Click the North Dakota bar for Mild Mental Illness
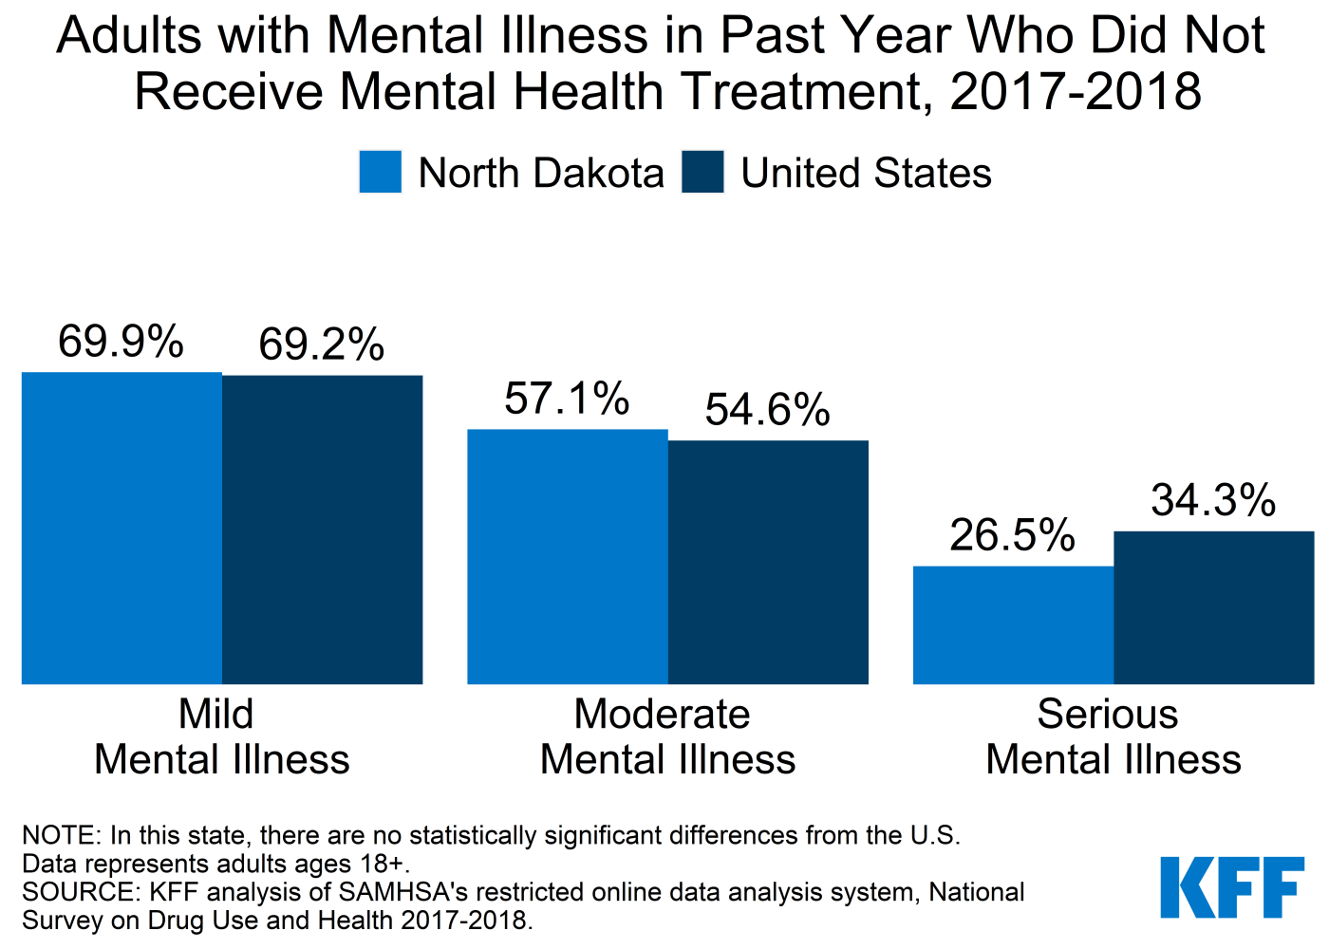122,528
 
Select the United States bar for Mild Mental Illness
322,530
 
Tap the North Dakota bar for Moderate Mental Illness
568,556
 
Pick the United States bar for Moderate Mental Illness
768,562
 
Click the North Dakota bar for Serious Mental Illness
1013,624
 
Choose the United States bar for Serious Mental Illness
1213,607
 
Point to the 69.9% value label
121,342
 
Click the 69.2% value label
322,344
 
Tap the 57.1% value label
567,399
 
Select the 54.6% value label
767,410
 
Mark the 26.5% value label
1012,535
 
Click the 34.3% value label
1213,500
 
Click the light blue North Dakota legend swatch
380,173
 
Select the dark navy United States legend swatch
702,173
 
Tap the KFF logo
1231,887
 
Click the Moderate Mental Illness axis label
667,736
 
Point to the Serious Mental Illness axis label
1113,736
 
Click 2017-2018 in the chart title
1076,92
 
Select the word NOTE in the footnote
59,835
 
